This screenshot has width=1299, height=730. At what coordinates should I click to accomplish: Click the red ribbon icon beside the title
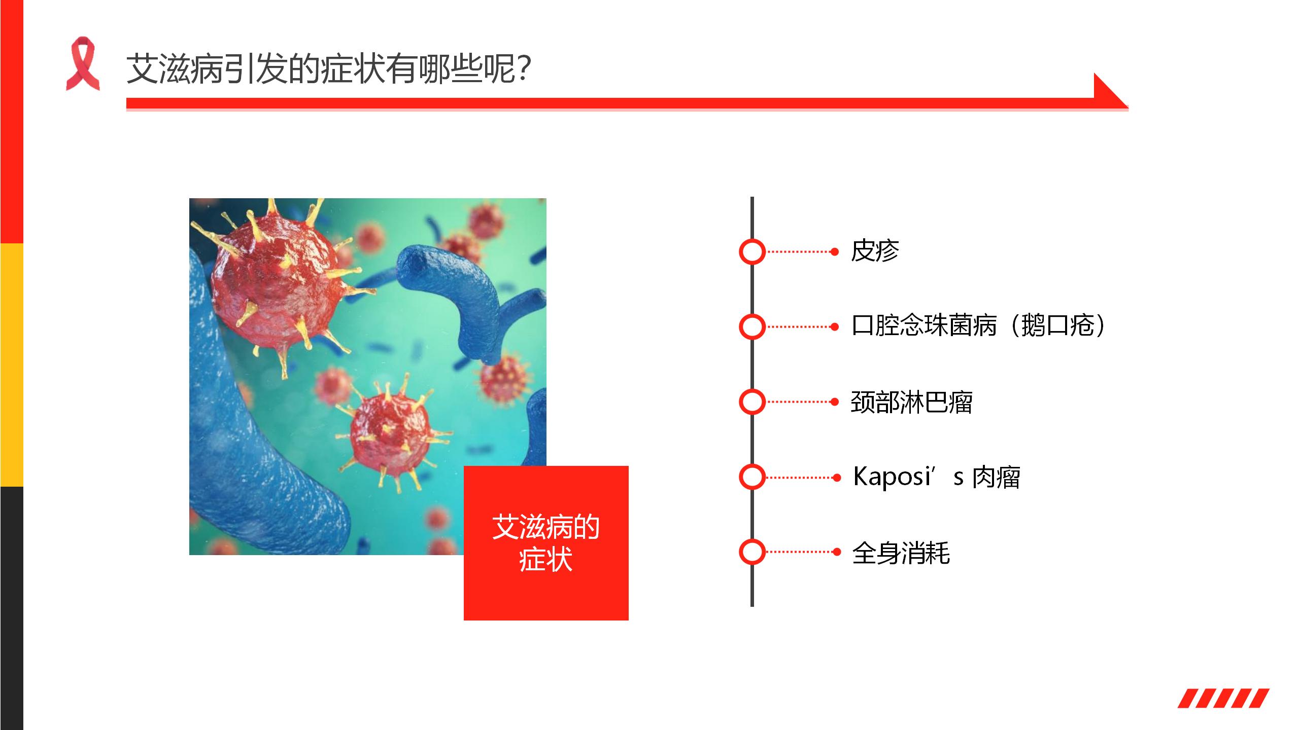[83, 63]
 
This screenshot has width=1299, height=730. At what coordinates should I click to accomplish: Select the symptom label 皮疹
[875, 251]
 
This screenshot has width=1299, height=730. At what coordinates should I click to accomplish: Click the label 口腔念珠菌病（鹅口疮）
[978, 325]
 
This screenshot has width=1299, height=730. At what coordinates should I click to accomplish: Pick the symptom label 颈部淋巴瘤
[911, 402]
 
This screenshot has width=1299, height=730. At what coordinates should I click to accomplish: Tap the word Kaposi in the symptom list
[892, 477]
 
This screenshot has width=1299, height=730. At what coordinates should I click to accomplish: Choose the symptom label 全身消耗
[901, 553]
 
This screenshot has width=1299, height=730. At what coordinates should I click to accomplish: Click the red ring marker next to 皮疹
[752, 251]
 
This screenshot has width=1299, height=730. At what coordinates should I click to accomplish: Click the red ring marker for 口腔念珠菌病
[752, 327]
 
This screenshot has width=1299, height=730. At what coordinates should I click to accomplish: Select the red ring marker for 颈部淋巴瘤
[752, 402]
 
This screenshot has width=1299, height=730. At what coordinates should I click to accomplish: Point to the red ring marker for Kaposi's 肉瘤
[752, 477]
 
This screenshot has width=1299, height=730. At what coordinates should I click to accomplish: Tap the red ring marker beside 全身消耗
[752, 552]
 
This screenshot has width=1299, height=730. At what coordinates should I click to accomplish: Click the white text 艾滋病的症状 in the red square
[546, 543]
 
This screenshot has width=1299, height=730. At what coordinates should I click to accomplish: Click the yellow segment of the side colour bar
[11, 365]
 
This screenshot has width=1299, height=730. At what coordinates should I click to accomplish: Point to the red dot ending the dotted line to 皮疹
[835, 251]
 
